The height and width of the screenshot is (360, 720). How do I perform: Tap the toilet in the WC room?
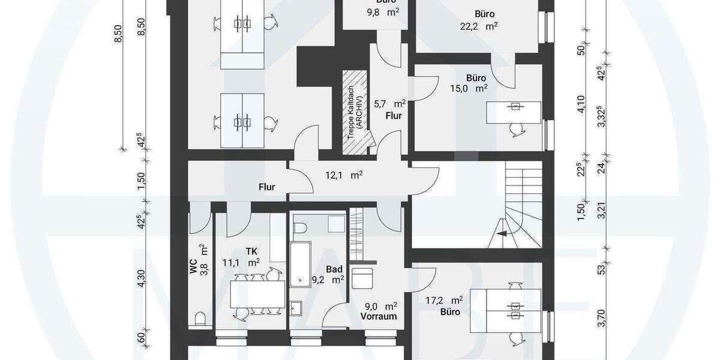tap(200, 318)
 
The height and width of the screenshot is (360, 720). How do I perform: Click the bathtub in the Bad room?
tap(299, 264)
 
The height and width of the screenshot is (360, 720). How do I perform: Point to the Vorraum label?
tap(379, 316)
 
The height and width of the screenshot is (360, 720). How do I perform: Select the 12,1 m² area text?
tap(348, 175)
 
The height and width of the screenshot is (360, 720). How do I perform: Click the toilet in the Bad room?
tap(302, 226)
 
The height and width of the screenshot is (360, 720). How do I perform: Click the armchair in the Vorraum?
tap(362, 280)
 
